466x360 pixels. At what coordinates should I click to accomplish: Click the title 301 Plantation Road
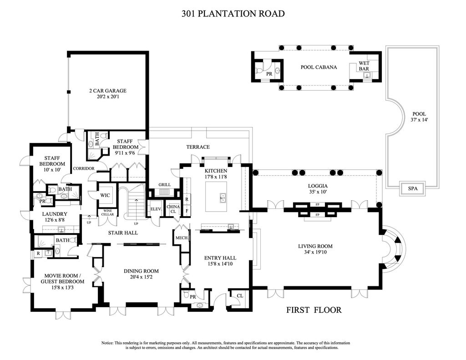tap(233, 14)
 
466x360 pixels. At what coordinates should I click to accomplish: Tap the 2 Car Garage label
tap(107, 91)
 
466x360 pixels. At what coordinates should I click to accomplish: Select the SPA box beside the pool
tap(413, 188)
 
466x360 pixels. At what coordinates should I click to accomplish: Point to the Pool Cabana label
tap(319, 67)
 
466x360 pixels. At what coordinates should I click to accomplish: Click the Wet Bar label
tap(364, 66)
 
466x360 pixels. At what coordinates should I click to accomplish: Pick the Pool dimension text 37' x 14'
tap(418, 120)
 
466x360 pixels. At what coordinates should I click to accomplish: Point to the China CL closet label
tap(173, 209)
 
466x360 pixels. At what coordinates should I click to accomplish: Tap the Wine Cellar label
tap(107, 212)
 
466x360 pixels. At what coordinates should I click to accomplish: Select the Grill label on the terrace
tap(164, 185)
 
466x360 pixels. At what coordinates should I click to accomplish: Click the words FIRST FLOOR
tap(314, 310)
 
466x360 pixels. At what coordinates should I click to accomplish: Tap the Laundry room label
tap(55, 214)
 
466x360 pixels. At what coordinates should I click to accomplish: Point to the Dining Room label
tap(141, 271)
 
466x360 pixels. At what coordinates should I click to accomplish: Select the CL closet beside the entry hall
tap(239, 295)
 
